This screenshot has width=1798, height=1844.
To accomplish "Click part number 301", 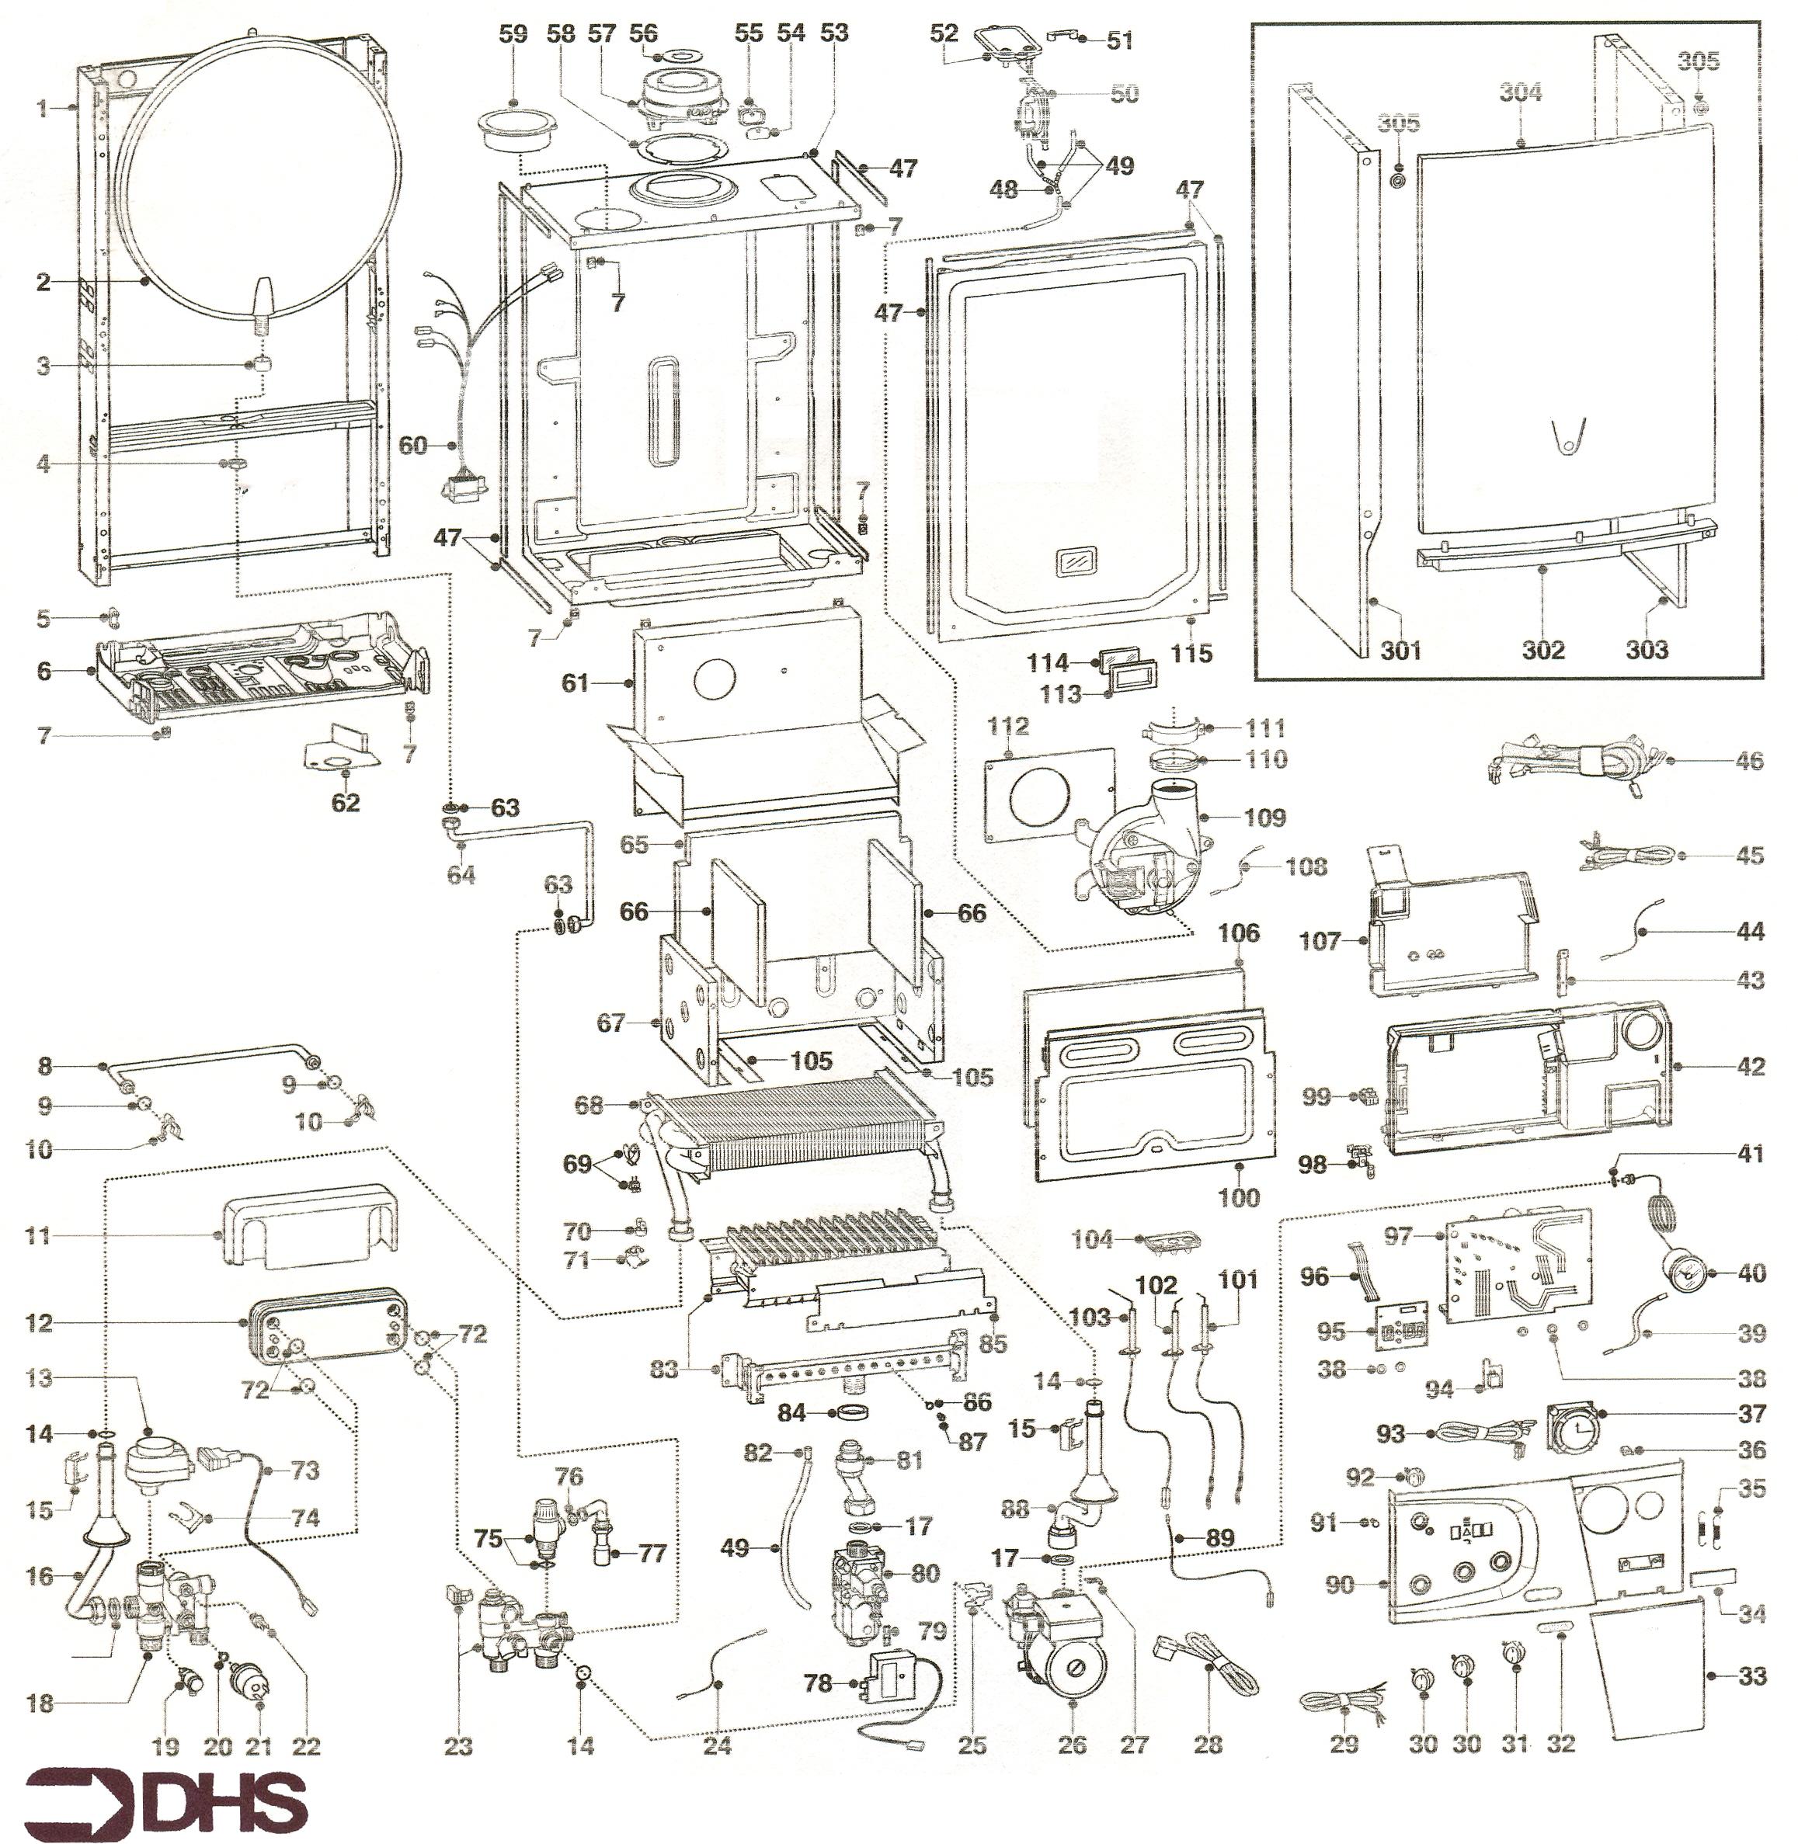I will tap(1400, 650).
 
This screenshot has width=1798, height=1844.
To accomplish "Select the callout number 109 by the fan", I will tap(1264, 817).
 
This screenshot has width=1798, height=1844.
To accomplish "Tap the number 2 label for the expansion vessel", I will tap(43, 281).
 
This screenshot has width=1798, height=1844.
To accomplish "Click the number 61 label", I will tap(575, 682).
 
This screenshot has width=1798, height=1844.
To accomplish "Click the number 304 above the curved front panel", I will tap(1522, 92).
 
